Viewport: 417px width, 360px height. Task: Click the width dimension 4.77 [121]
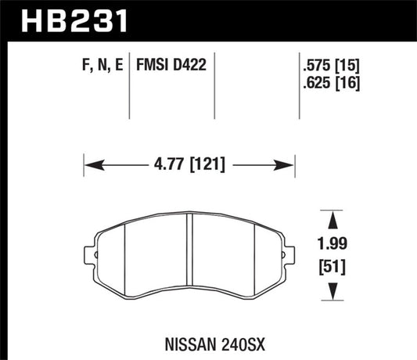[190, 165]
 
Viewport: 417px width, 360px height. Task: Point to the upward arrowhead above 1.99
[334, 217]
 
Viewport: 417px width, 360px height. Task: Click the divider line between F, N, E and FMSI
[127, 82]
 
